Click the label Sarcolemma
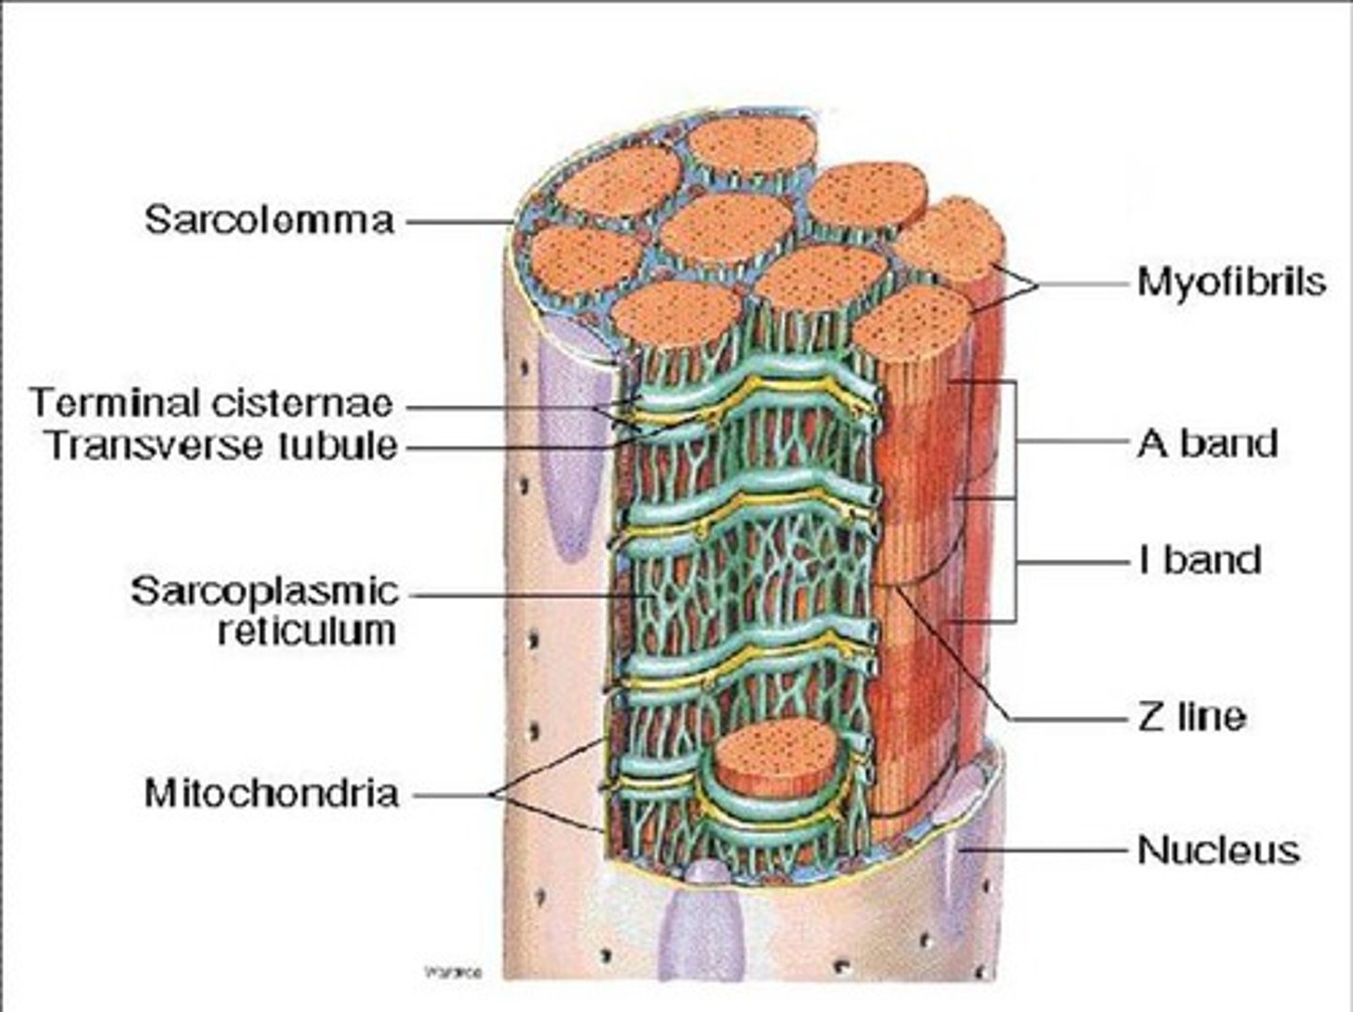(x=269, y=221)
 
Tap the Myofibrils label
(x=1231, y=281)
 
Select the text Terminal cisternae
(x=211, y=403)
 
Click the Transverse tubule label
(x=223, y=444)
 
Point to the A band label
(x=1207, y=443)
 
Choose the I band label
(x=1199, y=560)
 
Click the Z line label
(x=1191, y=718)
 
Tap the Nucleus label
(x=1219, y=850)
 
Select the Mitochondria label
(x=272, y=794)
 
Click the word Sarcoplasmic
(x=265, y=592)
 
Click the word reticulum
(x=306, y=631)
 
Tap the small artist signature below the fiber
(x=453, y=973)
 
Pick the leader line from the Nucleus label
(x=1052, y=850)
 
